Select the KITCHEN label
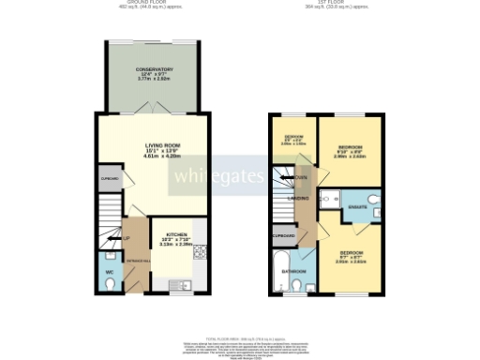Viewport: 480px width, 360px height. click(x=175, y=235)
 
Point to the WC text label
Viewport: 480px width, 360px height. click(x=109, y=272)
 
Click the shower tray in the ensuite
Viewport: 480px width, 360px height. click(x=329, y=199)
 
